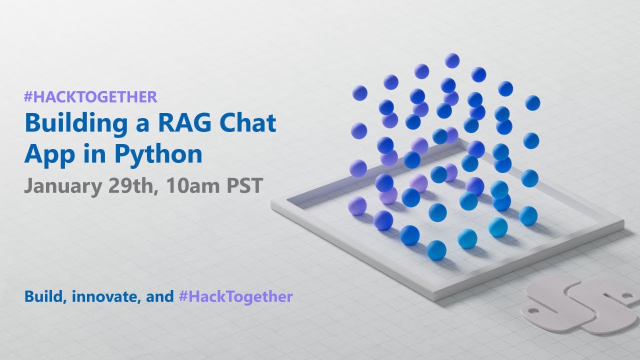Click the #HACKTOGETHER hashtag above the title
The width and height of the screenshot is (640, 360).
(x=90, y=96)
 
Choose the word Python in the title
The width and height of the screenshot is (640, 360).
(x=158, y=154)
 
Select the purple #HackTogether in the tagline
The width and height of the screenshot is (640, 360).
(x=235, y=296)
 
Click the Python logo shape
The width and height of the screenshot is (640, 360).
(x=580, y=305)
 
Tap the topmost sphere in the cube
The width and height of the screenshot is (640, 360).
(x=452, y=60)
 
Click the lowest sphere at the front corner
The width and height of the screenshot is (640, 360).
(x=436, y=250)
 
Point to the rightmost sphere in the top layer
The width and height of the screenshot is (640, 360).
(x=532, y=102)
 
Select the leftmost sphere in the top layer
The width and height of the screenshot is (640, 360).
(x=359, y=92)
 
